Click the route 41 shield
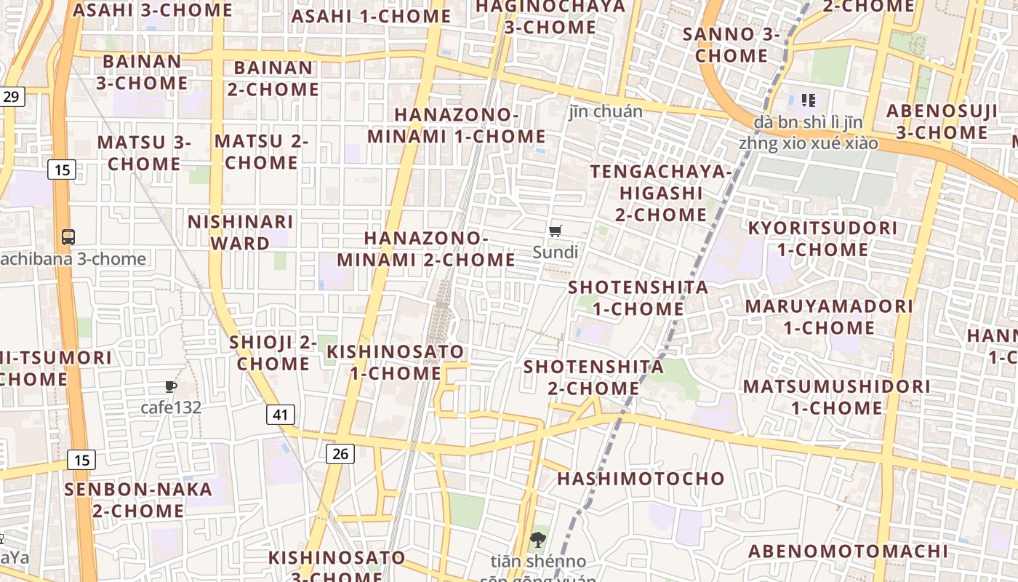click(x=281, y=415)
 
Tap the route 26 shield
click(x=340, y=454)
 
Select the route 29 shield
click(x=12, y=96)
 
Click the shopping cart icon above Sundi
click(x=556, y=231)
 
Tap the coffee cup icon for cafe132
click(x=171, y=386)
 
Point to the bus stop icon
click(x=68, y=236)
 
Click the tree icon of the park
click(x=538, y=540)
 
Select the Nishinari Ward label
click(x=241, y=232)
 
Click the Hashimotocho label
click(x=641, y=479)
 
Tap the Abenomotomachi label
click(x=849, y=551)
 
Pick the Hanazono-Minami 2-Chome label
click(x=426, y=249)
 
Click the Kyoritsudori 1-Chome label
click(x=822, y=239)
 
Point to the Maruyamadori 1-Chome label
click(x=829, y=316)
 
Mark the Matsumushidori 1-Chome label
click(x=836, y=396)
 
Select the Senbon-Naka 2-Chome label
click(x=138, y=500)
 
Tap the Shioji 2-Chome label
click(x=273, y=352)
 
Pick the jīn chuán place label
click(x=606, y=111)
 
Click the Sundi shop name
click(x=556, y=252)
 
